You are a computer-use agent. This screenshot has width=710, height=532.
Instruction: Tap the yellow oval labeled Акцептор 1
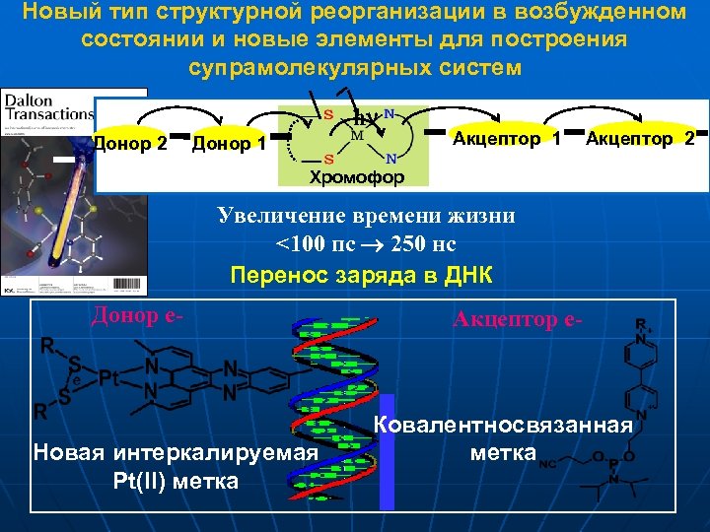pos(505,139)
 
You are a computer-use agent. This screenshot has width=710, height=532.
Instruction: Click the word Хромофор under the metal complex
pos(357,178)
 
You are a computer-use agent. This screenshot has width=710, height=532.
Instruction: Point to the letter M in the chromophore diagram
pos(357,134)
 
